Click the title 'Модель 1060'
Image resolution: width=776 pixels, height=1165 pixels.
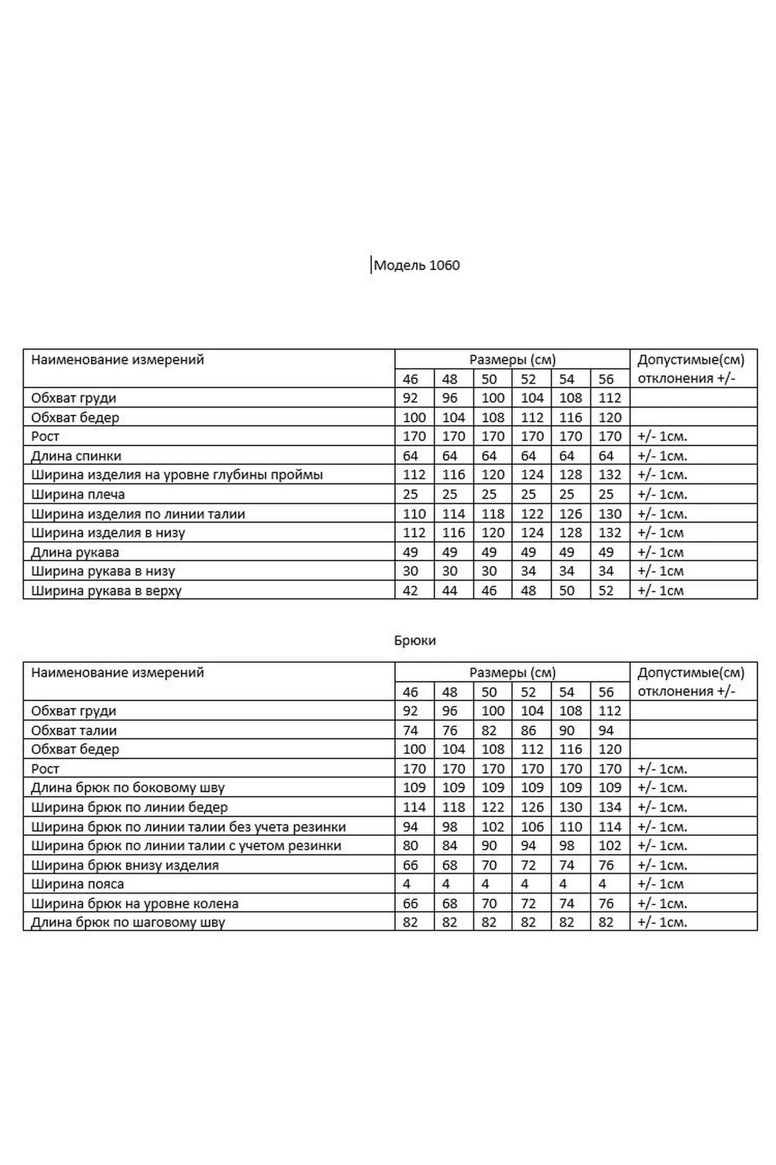(416, 266)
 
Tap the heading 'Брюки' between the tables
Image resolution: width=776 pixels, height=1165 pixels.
(415, 641)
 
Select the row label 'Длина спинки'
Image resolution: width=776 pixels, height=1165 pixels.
(76, 456)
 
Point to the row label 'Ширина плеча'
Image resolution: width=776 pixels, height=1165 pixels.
(78, 495)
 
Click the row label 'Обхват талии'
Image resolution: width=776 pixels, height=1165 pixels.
(74, 730)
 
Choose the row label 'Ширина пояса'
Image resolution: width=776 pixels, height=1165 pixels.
(77, 884)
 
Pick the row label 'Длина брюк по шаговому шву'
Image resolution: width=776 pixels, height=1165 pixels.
(128, 923)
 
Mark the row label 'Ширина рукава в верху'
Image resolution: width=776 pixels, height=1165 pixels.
(107, 591)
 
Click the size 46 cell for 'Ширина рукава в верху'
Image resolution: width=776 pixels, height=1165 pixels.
(410, 591)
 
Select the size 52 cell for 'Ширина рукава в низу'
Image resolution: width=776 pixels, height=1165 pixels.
(528, 571)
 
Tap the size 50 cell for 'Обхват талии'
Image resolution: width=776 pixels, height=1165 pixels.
(489, 730)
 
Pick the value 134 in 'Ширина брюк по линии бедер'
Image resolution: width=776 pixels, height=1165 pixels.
(610, 807)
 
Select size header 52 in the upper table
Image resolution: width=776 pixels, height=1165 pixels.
(528, 379)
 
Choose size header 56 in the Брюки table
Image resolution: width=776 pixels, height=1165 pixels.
(606, 692)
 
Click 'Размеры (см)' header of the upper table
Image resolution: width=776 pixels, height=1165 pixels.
(512, 360)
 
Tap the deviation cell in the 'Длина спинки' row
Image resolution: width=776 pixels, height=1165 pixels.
(662, 456)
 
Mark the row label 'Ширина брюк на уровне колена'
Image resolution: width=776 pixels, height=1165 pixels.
(135, 903)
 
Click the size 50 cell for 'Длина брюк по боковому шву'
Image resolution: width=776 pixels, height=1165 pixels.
(492, 788)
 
